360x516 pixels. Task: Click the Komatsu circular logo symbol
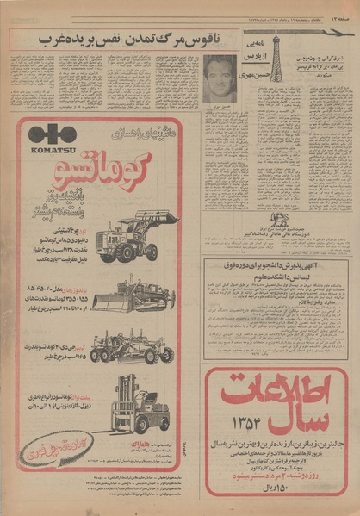53,134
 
